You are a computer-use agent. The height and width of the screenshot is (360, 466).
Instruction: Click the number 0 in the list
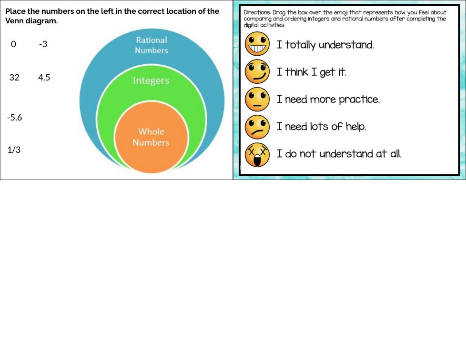[13, 44]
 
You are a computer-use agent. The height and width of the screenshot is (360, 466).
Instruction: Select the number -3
[43, 44]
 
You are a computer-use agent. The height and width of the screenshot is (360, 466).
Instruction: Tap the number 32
[14, 78]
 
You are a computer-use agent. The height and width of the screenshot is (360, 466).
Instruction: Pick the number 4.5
[44, 78]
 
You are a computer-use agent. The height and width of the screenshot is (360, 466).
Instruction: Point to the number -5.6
[15, 118]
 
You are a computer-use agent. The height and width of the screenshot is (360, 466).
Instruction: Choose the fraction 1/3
[14, 150]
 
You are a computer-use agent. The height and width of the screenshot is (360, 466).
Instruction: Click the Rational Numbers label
[152, 45]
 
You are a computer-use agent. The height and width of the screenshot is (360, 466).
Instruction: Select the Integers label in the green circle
[151, 80]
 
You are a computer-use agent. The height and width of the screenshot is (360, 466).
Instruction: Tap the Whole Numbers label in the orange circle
[151, 137]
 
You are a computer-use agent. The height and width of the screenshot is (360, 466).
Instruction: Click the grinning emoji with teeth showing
[257, 44]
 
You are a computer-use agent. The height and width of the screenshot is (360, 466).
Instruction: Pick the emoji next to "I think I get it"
[257, 71]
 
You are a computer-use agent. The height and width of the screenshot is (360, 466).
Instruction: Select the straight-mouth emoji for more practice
[257, 99]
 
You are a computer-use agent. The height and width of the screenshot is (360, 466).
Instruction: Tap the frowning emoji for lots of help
[257, 127]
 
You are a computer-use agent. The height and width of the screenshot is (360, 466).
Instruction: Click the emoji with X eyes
[257, 155]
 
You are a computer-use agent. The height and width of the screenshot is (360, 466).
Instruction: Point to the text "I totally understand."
[325, 45]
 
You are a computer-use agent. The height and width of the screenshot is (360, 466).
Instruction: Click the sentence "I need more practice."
[328, 99]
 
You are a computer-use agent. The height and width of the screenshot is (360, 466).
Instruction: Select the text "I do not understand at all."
[339, 154]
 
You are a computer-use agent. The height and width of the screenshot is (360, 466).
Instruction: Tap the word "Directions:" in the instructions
[257, 12]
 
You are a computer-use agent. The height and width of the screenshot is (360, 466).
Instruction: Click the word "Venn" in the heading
[14, 21]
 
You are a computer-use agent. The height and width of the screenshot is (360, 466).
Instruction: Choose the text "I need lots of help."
[322, 127]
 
